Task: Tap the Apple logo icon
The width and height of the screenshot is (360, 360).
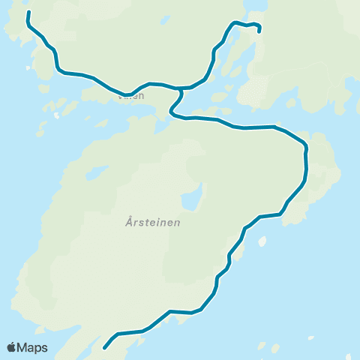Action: (12, 347)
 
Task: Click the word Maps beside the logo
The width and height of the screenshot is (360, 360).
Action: (33, 347)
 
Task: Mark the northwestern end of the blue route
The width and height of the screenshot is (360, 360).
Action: (28, 13)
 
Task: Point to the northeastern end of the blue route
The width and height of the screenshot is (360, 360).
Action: (259, 31)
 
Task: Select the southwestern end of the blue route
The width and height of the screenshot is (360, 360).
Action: (104, 348)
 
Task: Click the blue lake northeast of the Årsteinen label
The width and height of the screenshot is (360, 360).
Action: (193, 199)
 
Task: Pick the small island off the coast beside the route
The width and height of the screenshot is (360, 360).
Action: (262, 241)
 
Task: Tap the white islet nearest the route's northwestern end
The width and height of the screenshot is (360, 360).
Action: (28, 69)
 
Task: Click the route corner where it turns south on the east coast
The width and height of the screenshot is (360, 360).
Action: (304, 144)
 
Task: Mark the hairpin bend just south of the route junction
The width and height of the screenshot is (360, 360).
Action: (172, 112)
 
